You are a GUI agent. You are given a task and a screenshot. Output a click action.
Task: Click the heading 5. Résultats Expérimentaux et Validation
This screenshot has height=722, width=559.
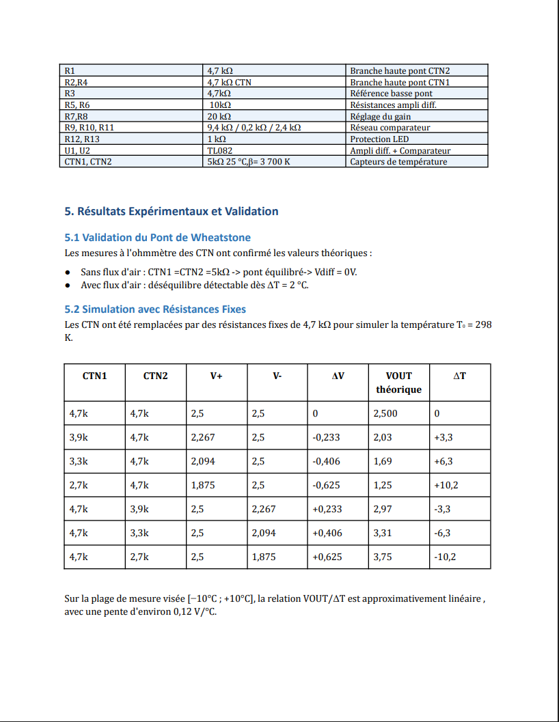click(172, 212)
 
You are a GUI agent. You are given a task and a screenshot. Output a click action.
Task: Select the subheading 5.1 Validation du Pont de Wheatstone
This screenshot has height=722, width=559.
click(157, 238)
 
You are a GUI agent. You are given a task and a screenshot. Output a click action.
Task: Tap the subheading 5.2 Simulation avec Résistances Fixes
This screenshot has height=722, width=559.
click(155, 309)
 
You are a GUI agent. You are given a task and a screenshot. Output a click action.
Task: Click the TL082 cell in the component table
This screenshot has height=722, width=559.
click(219, 151)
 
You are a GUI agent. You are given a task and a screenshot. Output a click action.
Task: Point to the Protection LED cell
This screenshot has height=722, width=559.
click(379, 139)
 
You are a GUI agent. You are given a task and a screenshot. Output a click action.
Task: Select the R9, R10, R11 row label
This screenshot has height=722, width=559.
click(89, 128)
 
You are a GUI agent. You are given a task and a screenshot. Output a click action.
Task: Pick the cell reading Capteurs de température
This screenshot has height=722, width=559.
click(398, 162)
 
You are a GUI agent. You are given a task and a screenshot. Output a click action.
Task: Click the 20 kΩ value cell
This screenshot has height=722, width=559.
click(219, 116)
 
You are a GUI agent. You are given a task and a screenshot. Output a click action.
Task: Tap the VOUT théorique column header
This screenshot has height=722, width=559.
click(398, 383)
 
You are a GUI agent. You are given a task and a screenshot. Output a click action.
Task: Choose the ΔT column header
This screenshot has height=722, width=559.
click(460, 376)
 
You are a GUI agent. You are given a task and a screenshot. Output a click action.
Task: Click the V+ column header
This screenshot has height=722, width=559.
click(216, 376)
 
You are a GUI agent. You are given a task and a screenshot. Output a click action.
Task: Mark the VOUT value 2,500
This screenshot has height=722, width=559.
click(385, 413)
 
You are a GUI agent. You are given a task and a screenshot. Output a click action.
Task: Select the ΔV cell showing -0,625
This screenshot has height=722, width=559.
click(326, 485)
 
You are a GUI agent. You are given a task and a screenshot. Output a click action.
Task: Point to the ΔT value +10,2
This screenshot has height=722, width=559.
click(446, 485)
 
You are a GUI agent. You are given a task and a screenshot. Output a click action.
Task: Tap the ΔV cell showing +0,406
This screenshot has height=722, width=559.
click(327, 533)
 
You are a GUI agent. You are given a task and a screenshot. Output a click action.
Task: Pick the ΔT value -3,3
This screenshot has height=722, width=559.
click(442, 509)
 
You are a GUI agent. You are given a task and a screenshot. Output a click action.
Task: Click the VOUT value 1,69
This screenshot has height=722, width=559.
click(383, 461)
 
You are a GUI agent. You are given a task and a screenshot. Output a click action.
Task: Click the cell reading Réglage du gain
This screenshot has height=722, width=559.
click(380, 116)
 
